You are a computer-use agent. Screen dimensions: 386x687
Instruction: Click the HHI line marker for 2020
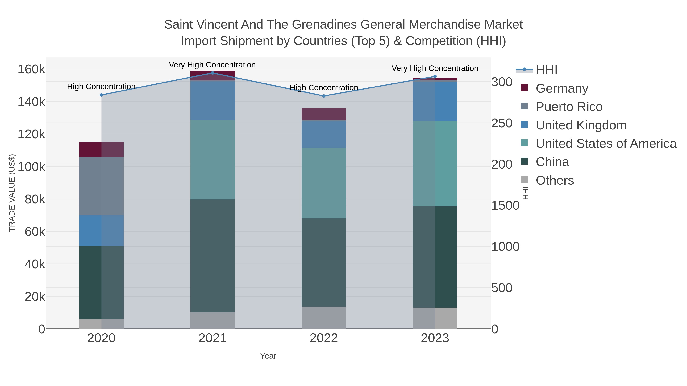[101, 95]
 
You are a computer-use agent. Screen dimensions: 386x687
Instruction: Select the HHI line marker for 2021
[213, 73]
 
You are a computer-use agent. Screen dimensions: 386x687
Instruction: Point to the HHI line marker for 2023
[435, 76]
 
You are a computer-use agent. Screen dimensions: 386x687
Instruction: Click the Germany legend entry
[562, 88]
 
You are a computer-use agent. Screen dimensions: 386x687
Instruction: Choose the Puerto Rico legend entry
[569, 107]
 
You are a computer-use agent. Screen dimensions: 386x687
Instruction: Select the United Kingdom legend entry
[581, 125]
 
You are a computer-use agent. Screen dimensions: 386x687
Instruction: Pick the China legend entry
[552, 162]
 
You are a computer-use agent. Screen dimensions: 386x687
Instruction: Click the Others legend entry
[554, 180]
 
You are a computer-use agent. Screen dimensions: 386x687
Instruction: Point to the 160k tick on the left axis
[31, 70]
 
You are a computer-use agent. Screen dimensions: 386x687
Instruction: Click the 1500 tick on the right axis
[505, 205]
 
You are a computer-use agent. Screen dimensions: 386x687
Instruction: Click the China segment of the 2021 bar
[213, 256]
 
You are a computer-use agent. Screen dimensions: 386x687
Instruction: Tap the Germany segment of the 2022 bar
[324, 114]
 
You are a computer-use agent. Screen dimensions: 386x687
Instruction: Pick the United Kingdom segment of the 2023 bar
[435, 101]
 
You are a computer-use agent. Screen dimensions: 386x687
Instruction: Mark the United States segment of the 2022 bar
[324, 183]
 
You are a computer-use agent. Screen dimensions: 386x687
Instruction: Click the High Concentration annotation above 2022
[324, 88]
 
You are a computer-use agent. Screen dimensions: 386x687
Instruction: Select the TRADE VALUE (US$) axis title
[12, 193]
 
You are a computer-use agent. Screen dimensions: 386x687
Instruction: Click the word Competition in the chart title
[439, 41]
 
